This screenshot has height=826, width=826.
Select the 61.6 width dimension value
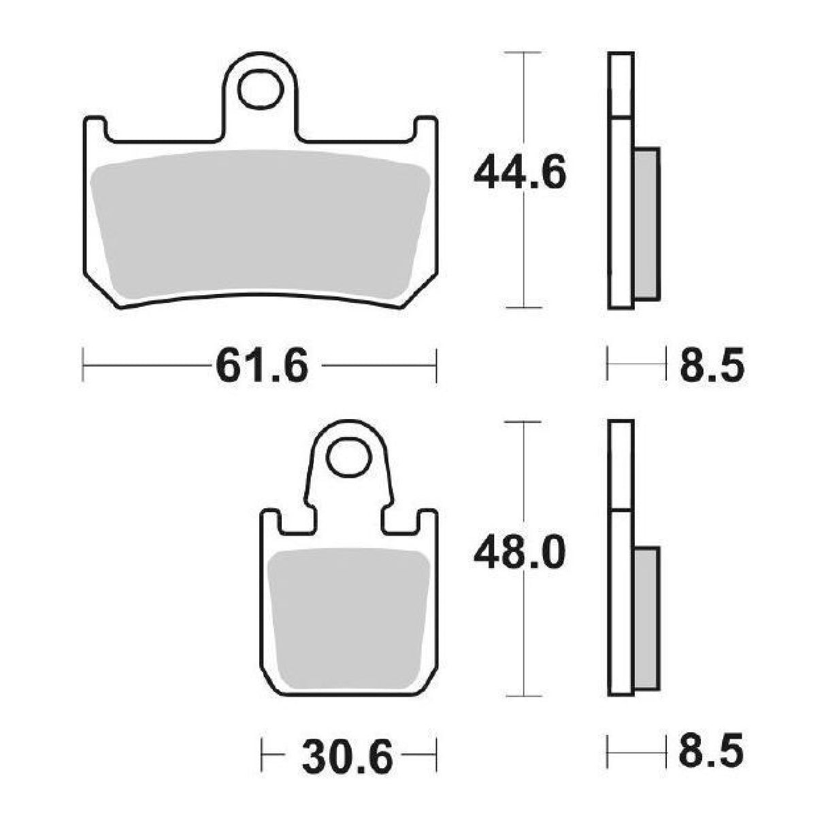click(262, 367)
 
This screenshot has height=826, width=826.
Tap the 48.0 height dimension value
click(520, 554)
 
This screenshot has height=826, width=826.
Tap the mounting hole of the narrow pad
click(348, 459)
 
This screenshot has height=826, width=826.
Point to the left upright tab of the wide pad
click(95, 129)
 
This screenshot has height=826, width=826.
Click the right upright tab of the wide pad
click(425, 129)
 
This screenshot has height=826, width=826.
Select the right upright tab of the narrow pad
click(427, 524)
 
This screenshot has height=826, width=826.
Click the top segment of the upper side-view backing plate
click(620, 84)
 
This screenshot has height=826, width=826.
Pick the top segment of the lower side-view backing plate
click(620, 465)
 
